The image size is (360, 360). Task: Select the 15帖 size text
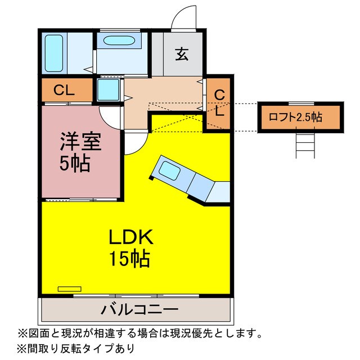[129, 259]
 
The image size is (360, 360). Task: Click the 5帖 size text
[75, 164]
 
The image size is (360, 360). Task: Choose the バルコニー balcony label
[140, 309]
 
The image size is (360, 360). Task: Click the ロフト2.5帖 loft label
[295, 118]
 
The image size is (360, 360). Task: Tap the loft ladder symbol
[305, 145]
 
